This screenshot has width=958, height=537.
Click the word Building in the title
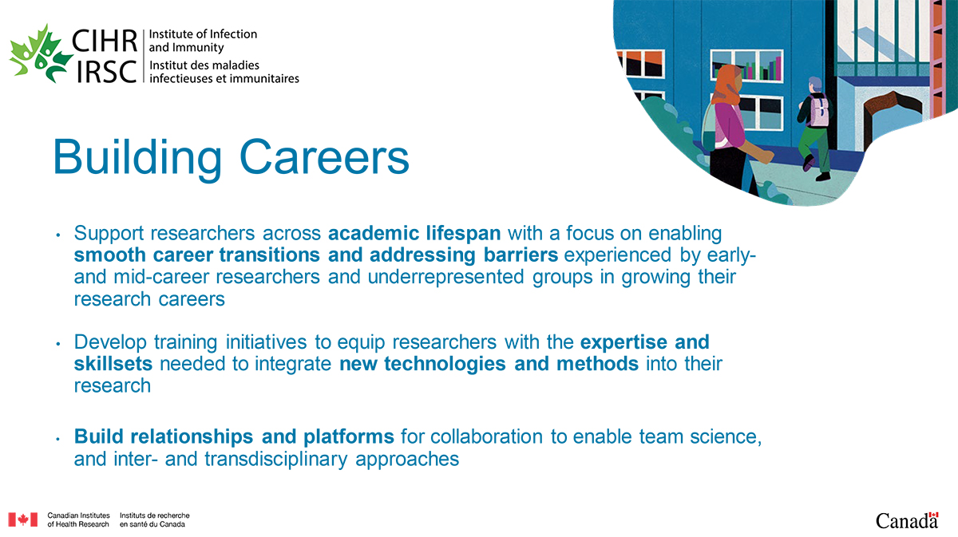click(137, 157)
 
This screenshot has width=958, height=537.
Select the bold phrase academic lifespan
click(414, 234)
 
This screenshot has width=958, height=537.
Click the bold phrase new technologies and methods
click(489, 365)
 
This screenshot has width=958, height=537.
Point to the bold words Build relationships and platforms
click(234, 437)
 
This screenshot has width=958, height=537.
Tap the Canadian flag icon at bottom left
click(22, 519)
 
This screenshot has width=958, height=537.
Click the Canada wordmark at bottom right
click(906, 520)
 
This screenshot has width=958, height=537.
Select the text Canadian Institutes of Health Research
click(78, 519)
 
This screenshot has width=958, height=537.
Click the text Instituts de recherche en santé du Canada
click(154, 519)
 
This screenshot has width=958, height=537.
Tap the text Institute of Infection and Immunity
click(204, 41)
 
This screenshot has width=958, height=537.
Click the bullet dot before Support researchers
click(57, 235)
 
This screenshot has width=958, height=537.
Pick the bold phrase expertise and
click(644, 343)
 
